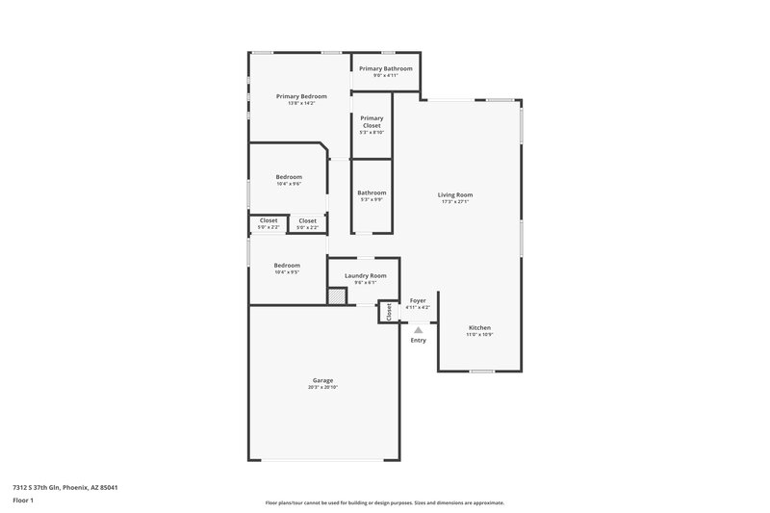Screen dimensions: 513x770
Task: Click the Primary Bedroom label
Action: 301,96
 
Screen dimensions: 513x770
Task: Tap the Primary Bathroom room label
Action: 386,68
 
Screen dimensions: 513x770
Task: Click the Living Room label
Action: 457,194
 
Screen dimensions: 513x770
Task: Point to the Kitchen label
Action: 480,327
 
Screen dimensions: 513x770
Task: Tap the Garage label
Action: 322,380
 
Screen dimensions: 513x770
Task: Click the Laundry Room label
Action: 358,275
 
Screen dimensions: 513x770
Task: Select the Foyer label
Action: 418,300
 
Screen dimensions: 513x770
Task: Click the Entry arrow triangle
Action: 418,329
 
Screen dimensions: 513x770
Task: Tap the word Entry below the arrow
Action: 418,340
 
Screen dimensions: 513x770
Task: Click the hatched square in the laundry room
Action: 336,297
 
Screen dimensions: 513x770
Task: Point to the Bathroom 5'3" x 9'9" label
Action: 372,195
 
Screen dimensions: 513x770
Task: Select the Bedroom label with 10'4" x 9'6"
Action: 289,177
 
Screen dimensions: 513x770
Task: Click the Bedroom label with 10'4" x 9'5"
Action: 287,266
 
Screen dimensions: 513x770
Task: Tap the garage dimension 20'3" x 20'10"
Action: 322,387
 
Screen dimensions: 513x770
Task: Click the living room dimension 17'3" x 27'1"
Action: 457,201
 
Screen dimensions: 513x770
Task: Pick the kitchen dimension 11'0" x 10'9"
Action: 480,334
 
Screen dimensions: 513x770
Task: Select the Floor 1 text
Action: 23,501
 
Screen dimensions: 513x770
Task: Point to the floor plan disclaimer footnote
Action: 384,502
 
